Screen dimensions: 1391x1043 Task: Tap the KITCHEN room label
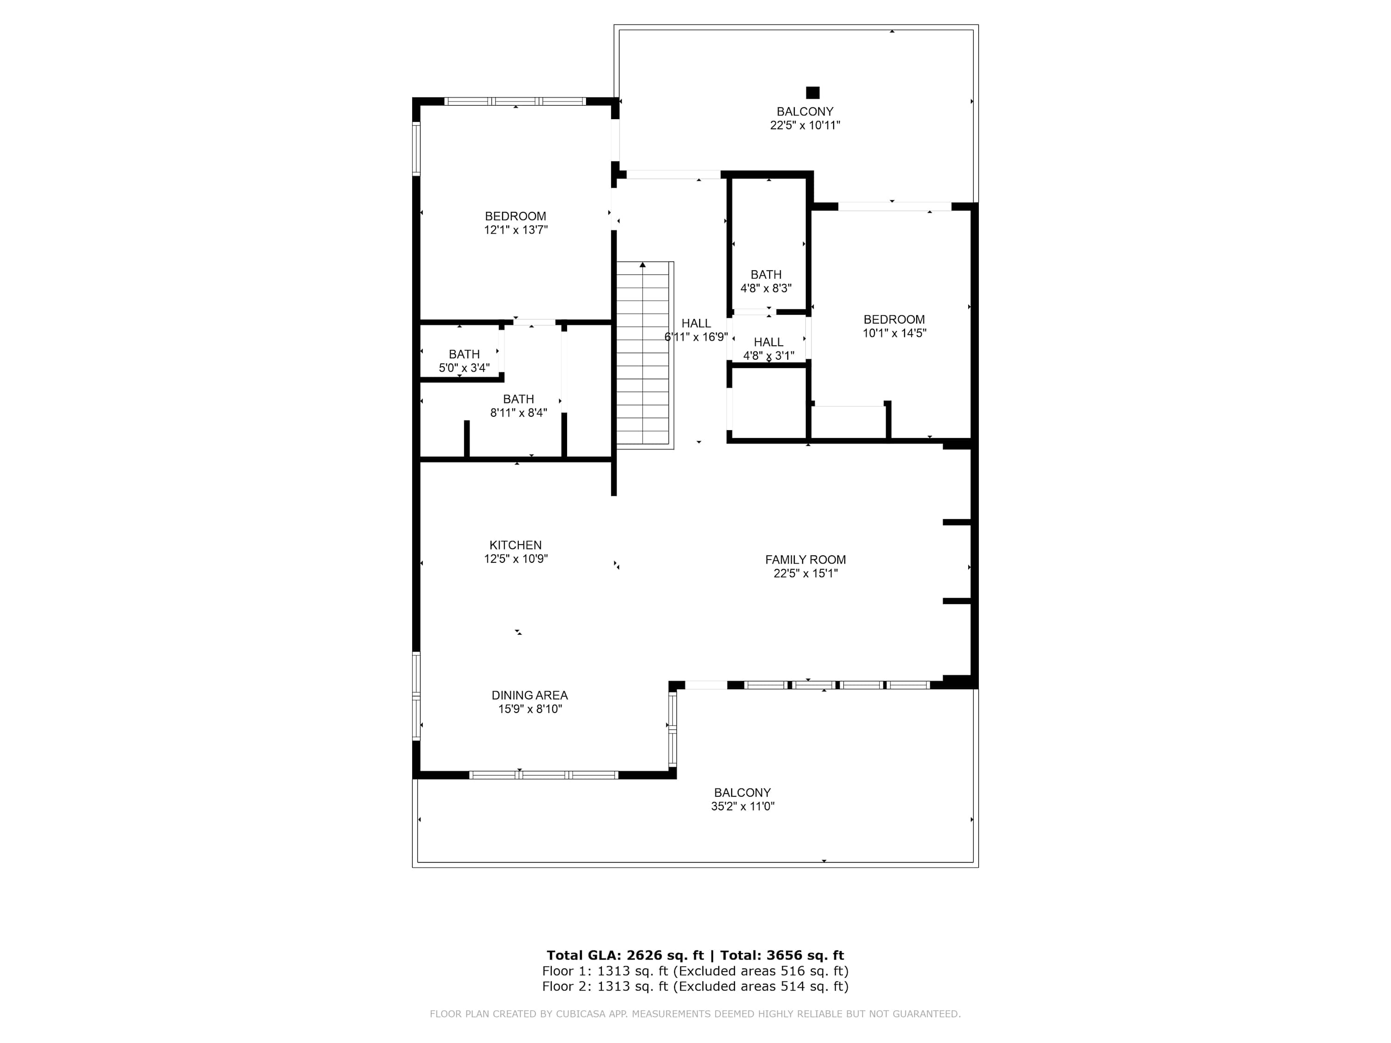(x=516, y=545)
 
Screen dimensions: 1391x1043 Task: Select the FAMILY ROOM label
(x=805, y=560)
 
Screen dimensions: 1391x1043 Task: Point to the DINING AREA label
(x=530, y=695)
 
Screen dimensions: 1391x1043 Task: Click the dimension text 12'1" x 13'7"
(x=516, y=230)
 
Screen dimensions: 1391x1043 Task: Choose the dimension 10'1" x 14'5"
(x=894, y=333)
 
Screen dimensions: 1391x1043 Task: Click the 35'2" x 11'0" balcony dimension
(x=743, y=807)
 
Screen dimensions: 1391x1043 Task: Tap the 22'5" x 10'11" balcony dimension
(x=805, y=125)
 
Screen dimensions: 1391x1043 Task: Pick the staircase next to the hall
(x=644, y=355)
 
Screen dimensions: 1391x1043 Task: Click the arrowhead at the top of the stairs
(x=643, y=265)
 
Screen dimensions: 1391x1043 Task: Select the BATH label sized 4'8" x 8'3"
(x=766, y=275)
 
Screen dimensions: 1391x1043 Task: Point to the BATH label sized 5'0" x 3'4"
(x=464, y=355)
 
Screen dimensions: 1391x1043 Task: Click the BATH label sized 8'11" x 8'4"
(x=519, y=399)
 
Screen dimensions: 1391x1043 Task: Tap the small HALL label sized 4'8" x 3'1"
(x=768, y=342)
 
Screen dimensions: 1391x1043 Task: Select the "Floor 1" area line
(x=695, y=971)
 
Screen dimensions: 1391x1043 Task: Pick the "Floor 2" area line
(x=695, y=986)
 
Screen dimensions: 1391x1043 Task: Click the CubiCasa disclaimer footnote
(x=695, y=1014)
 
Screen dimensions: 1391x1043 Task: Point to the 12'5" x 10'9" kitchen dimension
(x=516, y=559)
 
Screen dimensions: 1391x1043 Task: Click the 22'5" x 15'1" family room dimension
(x=805, y=573)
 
